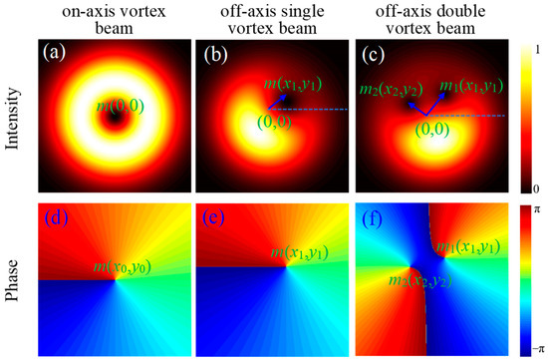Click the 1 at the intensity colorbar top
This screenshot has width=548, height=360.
coord(539,48)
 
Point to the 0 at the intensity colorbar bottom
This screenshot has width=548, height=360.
coord(539,187)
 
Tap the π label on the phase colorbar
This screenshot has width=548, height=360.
coord(539,210)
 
